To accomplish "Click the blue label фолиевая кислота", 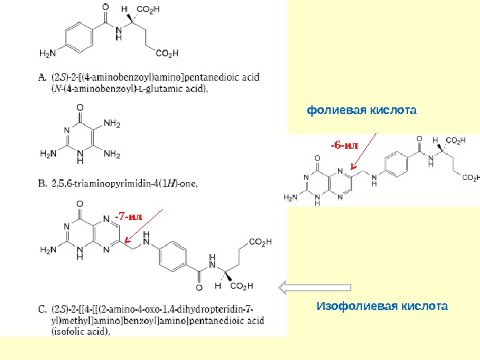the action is pyautogui.click(x=361, y=109).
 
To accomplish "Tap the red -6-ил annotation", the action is pyautogui.click(x=345, y=144).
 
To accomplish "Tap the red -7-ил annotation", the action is pyautogui.click(x=128, y=216).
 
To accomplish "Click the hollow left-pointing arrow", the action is pyautogui.click(x=314, y=287).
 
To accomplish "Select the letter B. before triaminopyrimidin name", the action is pyautogui.click(x=42, y=183).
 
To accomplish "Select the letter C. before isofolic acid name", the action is pyautogui.click(x=42, y=309).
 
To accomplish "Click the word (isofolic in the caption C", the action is pyautogui.click(x=69, y=330).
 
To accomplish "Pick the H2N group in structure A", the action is pyautogui.click(x=48, y=53).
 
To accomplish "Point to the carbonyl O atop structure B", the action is pyautogui.click(x=80, y=107).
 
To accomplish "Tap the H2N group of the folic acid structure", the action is pyautogui.click(x=292, y=197).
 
